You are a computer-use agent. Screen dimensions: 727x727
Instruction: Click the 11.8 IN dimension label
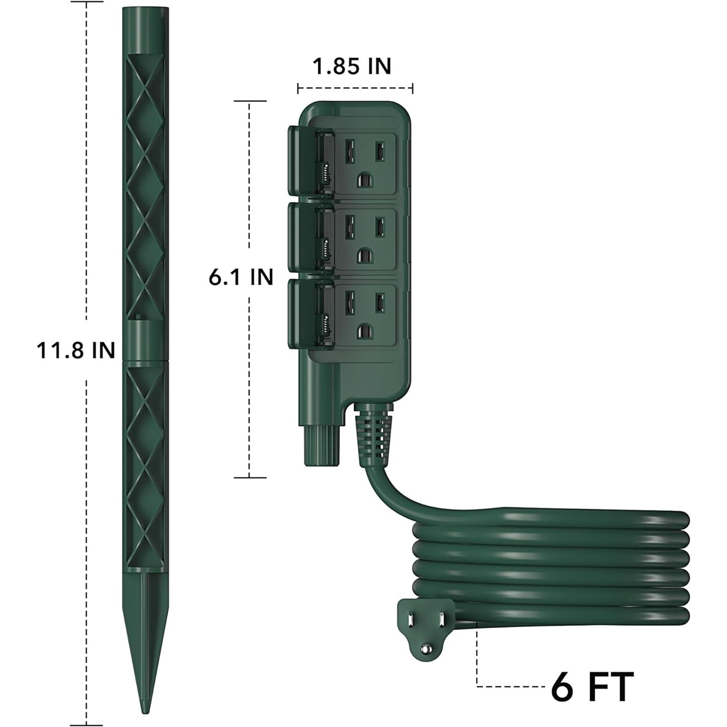pos(75,351)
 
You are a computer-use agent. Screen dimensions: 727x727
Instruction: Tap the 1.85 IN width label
pos(352,66)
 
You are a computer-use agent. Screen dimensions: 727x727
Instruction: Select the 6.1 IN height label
pos(240,278)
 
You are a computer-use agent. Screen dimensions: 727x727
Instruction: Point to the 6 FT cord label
pos(592,686)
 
